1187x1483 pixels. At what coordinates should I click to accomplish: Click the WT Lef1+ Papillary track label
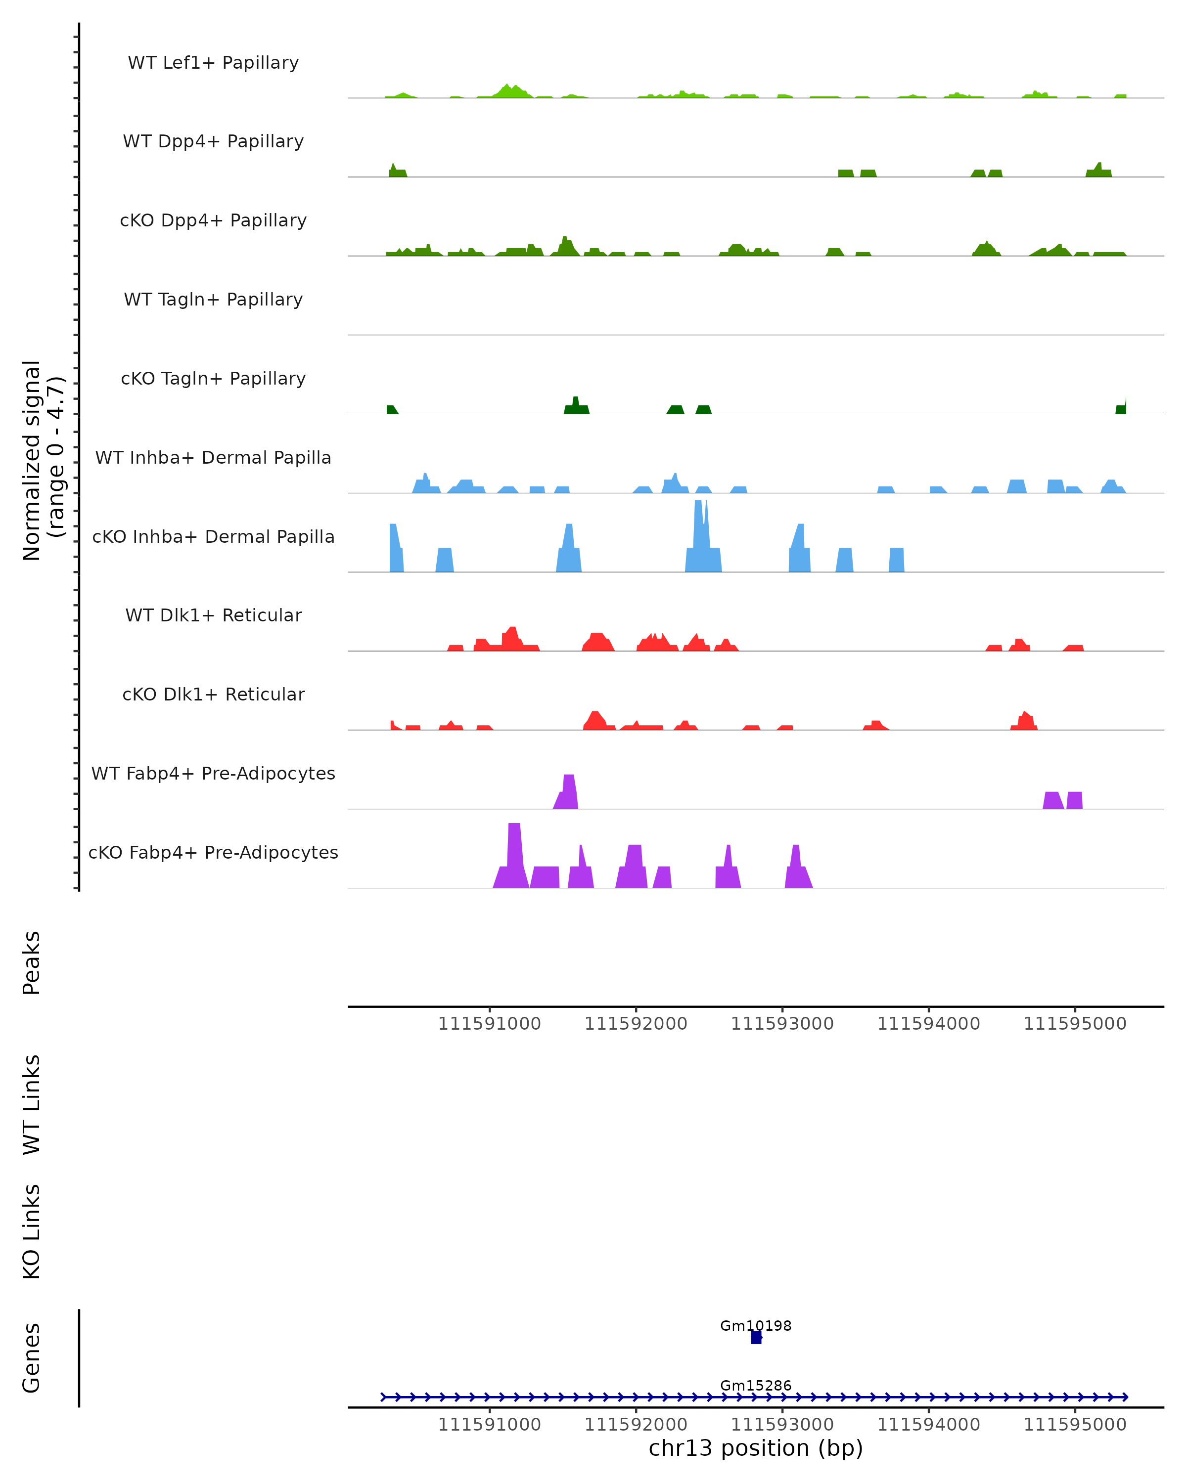point(213,63)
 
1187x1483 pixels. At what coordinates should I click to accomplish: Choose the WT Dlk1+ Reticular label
point(213,615)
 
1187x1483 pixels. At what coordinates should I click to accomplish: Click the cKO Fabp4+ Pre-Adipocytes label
point(213,852)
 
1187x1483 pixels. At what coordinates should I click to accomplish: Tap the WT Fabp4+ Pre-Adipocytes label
point(213,773)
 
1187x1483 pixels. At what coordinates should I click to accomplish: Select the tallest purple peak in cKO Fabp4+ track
point(514,853)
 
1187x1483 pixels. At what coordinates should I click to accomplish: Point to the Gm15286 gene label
point(756,1385)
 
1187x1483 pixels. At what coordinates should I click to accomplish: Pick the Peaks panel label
point(32,962)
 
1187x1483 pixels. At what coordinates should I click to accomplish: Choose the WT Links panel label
point(32,1104)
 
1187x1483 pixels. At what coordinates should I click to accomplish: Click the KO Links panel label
point(32,1231)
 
